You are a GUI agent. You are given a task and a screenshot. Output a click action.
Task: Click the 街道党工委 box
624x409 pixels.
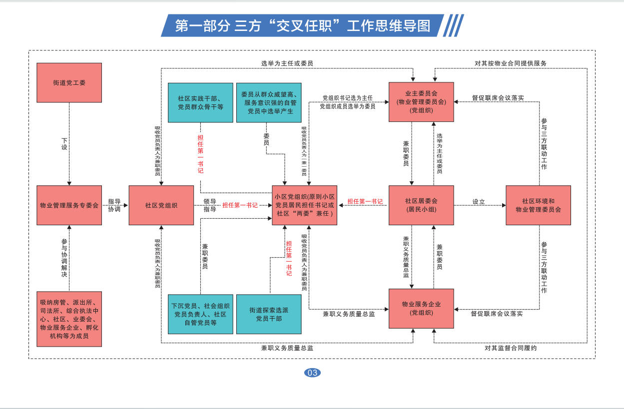[x=69, y=82]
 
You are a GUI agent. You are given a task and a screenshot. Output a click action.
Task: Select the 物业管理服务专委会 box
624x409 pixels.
[x=69, y=205]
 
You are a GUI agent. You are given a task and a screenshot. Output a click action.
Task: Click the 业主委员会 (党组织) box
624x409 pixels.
[x=421, y=102]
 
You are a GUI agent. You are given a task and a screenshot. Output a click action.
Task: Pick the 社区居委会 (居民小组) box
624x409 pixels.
[x=421, y=205]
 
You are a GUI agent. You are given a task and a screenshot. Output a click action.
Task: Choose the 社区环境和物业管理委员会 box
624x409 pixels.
[x=538, y=205]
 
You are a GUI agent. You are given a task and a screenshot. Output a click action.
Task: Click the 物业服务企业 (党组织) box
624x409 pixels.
[x=421, y=309]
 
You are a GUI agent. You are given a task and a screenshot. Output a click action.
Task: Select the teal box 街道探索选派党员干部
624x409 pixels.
[x=269, y=314]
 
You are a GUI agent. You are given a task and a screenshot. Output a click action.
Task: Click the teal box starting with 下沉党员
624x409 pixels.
[x=200, y=314]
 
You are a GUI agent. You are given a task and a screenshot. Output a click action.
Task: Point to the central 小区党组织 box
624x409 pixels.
[x=305, y=205]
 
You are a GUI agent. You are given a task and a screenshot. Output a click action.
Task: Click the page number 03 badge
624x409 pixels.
[x=312, y=373]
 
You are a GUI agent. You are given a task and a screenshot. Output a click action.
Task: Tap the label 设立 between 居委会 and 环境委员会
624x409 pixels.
[x=479, y=202]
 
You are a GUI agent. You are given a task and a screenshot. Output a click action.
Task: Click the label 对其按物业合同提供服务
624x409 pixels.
[x=510, y=63]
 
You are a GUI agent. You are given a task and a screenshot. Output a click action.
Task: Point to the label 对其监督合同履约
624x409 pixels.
[x=510, y=348]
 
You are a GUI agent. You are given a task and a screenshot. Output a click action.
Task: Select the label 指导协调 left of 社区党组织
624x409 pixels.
[x=114, y=205]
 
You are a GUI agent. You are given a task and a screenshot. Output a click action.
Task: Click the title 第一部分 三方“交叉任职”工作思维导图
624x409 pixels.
[x=302, y=25]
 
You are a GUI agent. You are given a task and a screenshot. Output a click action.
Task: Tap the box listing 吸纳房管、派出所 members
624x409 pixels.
[x=69, y=319]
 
